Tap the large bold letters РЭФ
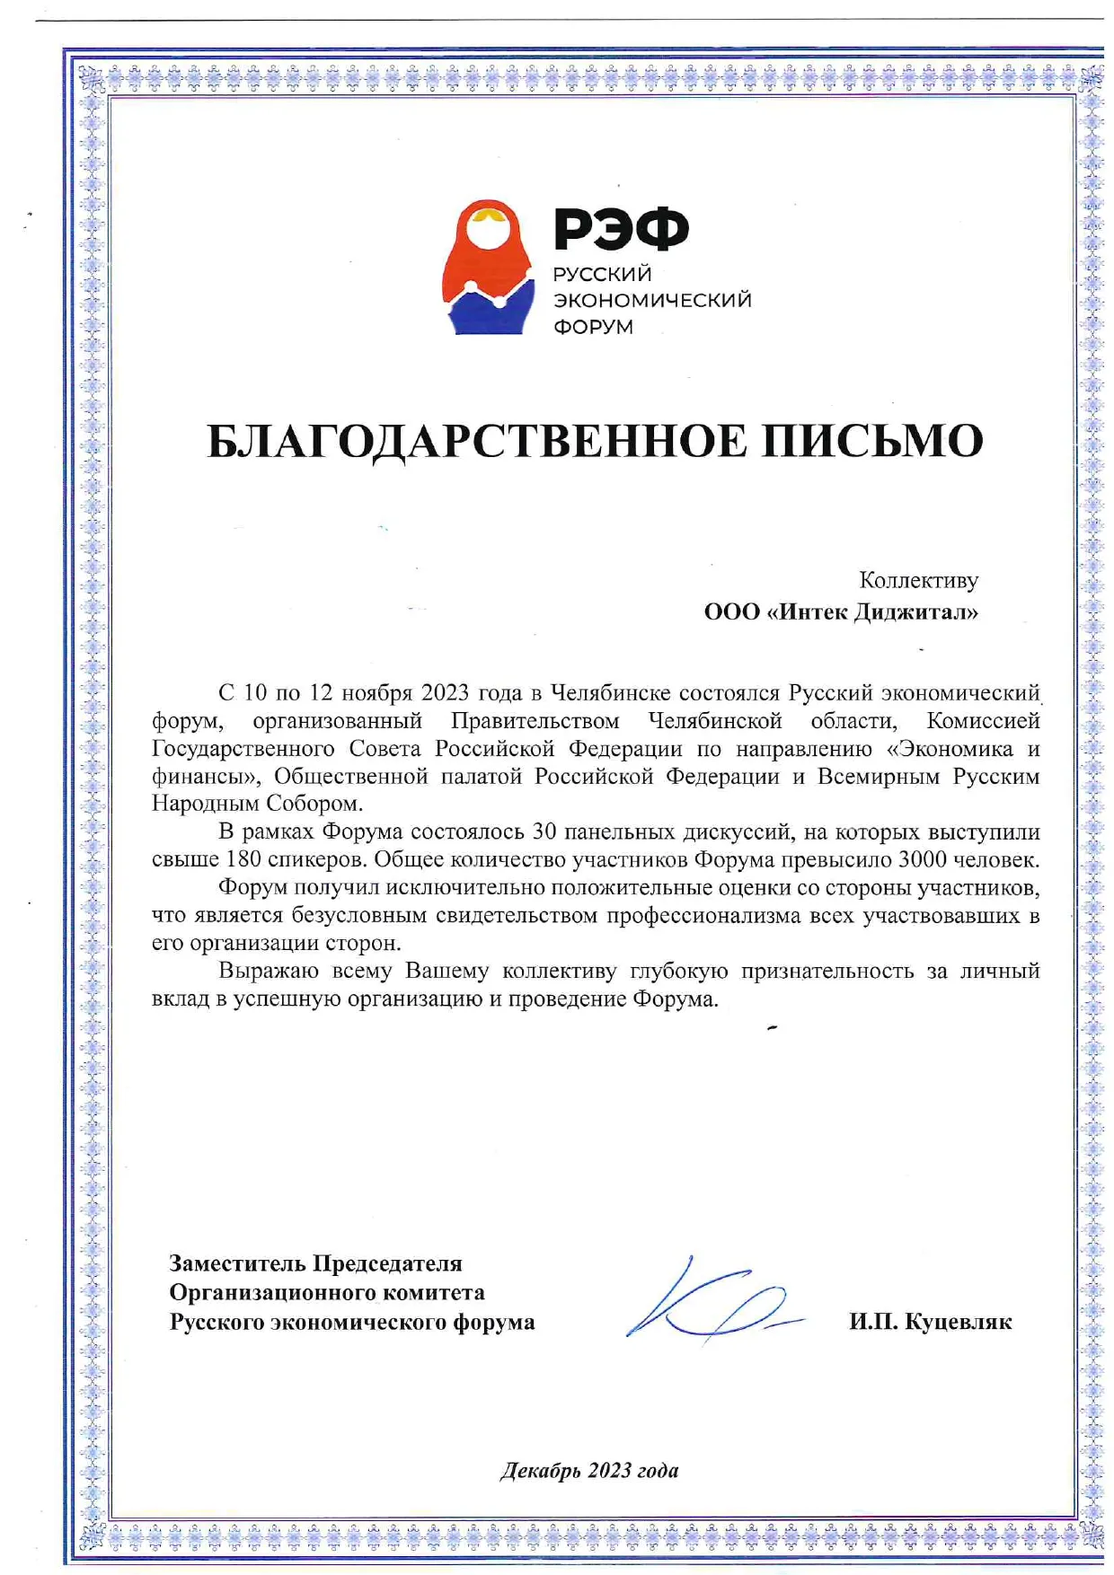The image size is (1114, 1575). coord(621,229)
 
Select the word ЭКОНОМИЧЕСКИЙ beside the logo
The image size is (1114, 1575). coord(652,300)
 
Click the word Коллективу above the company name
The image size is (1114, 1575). coord(918,580)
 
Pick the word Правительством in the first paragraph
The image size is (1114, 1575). coord(535,721)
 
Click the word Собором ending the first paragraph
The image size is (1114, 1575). coord(314,804)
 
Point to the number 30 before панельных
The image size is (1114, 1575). coord(545,832)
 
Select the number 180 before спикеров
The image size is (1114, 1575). coord(243,860)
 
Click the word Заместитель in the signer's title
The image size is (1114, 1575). coord(237,1263)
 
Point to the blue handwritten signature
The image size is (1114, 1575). coord(710,1300)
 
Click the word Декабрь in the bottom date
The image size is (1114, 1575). coord(541,1470)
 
